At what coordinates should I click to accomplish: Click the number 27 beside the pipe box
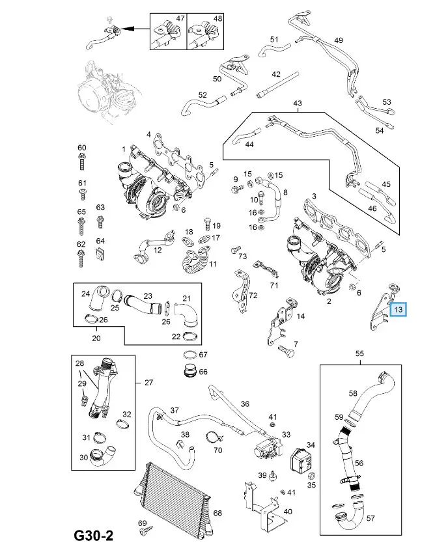pyautogui.click(x=148, y=382)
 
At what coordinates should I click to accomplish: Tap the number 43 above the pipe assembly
pyautogui.click(x=298, y=103)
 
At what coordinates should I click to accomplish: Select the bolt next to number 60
pyautogui.click(x=81, y=160)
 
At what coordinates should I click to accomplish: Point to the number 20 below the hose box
pyautogui.click(x=96, y=338)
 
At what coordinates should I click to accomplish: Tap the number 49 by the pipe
pyautogui.click(x=338, y=40)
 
